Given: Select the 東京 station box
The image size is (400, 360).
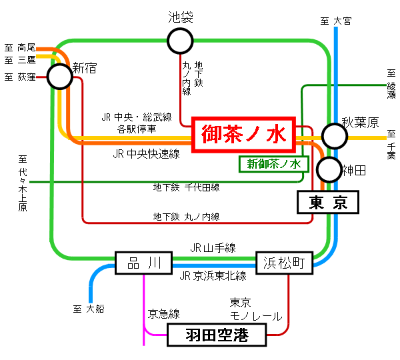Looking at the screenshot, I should (327, 202).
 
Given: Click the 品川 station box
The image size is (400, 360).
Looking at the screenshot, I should (144, 263).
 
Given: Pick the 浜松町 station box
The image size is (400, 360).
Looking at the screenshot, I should (284, 263).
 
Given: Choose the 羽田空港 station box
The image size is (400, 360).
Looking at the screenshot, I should (216, 335).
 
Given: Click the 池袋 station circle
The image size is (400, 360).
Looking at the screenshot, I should (181, 41).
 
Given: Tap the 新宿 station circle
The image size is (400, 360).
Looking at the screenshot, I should (59, 77).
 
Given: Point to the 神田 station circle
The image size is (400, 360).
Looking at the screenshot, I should (328, 169).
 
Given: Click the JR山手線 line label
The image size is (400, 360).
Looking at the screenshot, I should (213, 247).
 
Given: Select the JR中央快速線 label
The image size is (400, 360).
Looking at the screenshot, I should (146, 154).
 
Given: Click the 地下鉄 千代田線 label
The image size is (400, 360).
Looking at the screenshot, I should (186, 188).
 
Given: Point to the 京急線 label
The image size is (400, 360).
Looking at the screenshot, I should (164, 313).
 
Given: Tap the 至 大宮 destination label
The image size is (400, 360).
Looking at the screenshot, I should (335, 21).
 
